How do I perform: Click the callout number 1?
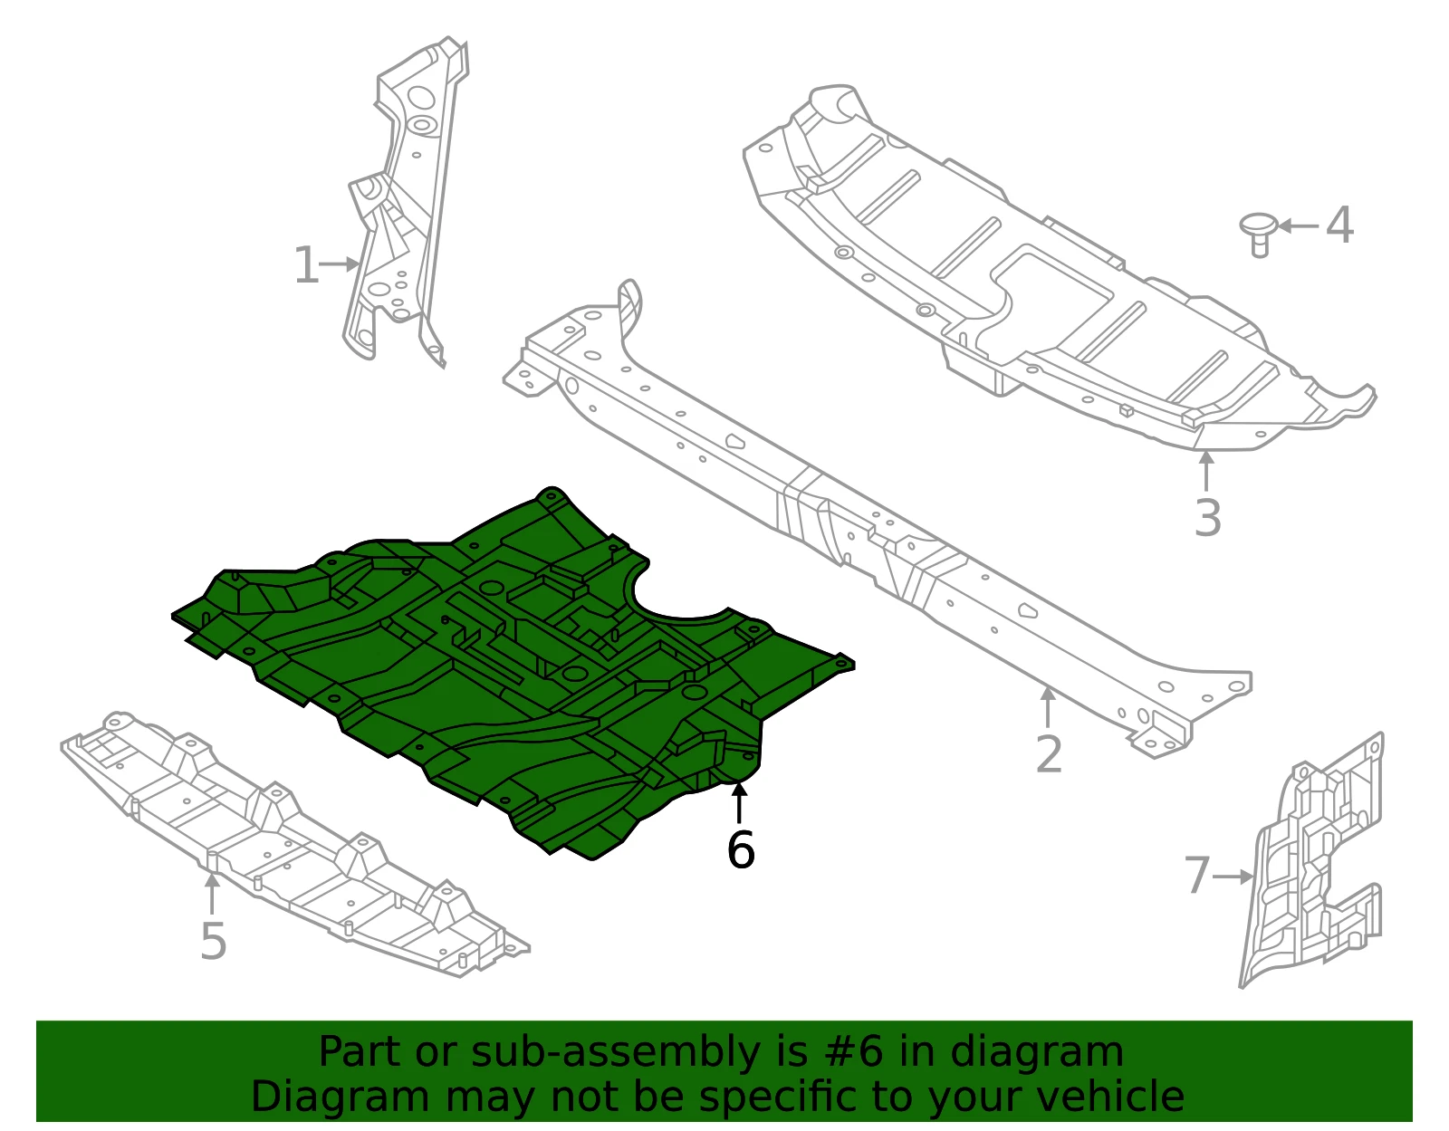[307, 264]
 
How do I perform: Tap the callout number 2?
[1048, 753]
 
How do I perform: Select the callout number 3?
[1207, 517]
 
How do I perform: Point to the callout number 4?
[1339, 225]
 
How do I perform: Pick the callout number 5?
[214, 941]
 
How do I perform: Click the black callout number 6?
[741, 849]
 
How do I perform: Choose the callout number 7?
[1197, 875]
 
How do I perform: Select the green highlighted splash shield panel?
[513, 673]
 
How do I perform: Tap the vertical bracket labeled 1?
[407, 200]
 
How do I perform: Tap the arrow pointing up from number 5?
[212, 895]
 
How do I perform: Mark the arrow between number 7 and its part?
[1233, 877]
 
